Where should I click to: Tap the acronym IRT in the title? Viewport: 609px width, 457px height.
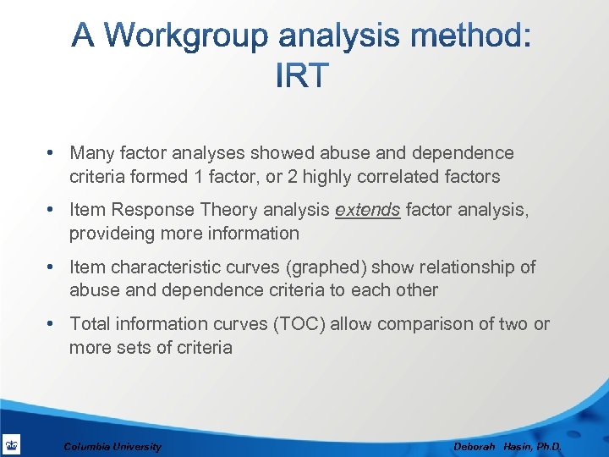coord(302,76)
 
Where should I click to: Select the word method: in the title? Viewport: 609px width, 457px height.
coord(462,36)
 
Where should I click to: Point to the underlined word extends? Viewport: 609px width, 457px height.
coord(367,209)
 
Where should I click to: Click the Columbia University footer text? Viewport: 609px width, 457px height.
coord(112,446)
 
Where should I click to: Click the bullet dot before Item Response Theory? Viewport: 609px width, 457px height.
coord(52,209)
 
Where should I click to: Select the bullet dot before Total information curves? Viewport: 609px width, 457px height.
coord(52,323)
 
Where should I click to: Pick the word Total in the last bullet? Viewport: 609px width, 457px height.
coord(90,323)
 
